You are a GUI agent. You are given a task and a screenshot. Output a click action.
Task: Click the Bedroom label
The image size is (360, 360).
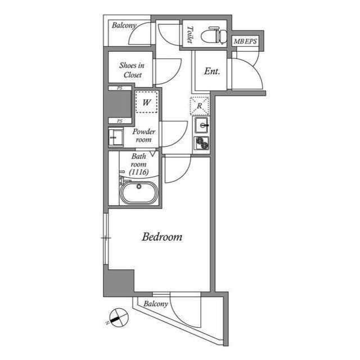pyautogui.click(x=162, y=237)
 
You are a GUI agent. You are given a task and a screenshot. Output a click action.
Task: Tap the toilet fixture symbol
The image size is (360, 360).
pyautogui.click(x=214, y=35)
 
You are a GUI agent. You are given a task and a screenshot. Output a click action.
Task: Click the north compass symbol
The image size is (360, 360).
pyautogui.click(x=119, y=317)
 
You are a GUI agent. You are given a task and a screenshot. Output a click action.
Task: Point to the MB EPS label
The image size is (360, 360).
pyautogui.click(x=245, y=41)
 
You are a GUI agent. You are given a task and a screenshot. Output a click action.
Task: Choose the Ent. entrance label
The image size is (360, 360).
pyautogui.click(x=212, y=71)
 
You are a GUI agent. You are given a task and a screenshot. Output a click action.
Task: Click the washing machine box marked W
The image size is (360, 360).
pyautogui.click(x=146, y=102)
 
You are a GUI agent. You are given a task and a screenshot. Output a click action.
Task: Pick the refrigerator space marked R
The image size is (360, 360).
pyautogui.click(x=200, y=106)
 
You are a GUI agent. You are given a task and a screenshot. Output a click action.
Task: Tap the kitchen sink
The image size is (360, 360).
pyautogui.click(x=201, y=125)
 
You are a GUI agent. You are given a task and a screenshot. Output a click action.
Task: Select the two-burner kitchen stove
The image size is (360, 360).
pyautogui.click(x=201, y=143)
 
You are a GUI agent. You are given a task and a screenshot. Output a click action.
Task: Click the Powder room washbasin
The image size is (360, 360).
pyautogui.click(x=116, y=137)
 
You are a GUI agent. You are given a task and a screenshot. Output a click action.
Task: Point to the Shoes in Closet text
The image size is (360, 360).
pyautogui.click(x=132, y=70)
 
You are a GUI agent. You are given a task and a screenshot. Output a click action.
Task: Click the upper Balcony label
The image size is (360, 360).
pyautogui.click(x=124, y=25)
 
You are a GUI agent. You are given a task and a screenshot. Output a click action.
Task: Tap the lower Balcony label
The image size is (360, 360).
pyautogui.click(x=156, y=304)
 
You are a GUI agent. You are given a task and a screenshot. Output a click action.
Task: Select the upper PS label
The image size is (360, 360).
pyautogui.click(x=120, y=88)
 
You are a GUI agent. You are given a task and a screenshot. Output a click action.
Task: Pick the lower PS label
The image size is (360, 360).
pyautogui.click(x=120, y=121)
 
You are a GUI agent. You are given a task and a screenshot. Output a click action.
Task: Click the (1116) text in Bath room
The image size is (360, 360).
pyautogui.click(x=139, y=172)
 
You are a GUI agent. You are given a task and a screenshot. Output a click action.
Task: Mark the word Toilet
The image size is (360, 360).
pyautogui.click(x=190, y=34)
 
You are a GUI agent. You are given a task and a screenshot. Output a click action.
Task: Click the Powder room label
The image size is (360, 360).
pyautogui.click(x=144, y=136)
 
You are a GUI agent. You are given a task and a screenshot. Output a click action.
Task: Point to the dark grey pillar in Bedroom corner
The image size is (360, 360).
pyautogui.click(x=119, y=283)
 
